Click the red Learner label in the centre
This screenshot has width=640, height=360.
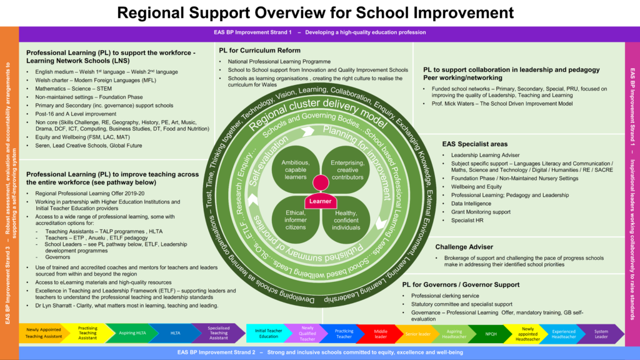(319, 202)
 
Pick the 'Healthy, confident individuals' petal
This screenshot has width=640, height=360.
(346, 219)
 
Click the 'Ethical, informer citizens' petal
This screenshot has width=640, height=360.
(296, 219)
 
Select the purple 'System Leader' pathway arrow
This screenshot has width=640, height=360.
(601, 334)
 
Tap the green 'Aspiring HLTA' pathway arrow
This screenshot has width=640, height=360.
(132, 334)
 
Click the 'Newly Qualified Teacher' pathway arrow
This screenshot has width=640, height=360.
(307, 334)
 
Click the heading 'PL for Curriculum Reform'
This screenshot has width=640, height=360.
(259, 51)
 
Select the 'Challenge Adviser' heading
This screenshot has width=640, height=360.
(464, 247)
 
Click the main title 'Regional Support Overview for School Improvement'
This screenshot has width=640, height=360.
(319, 12)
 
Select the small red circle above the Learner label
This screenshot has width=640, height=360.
(321, 183)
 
